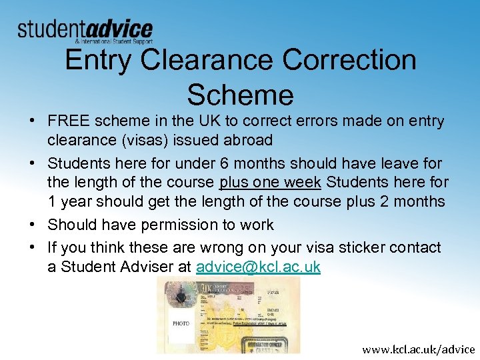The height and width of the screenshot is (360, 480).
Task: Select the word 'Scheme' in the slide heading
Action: (240, 95)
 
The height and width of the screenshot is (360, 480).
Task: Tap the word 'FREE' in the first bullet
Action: (69, 121)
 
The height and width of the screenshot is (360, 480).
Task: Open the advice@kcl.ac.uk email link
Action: (258, 267)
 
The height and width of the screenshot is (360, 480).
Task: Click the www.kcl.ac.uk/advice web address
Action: (419, 349)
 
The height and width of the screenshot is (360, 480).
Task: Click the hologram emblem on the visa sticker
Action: (178, 294)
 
